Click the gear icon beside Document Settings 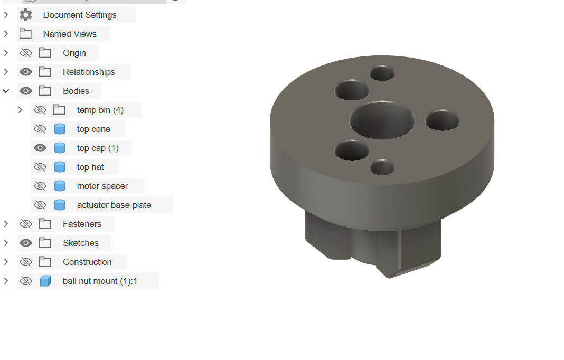[25, 15]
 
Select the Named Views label [70, 34]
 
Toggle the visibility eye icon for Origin [25, 53]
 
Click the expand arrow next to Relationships [6, 72]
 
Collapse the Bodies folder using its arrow [6, 91]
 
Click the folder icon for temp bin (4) [59, 110]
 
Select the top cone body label [93, 129]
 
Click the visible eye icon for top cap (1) [40, 148]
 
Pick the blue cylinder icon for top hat [59, 167]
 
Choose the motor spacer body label [102, 186]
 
